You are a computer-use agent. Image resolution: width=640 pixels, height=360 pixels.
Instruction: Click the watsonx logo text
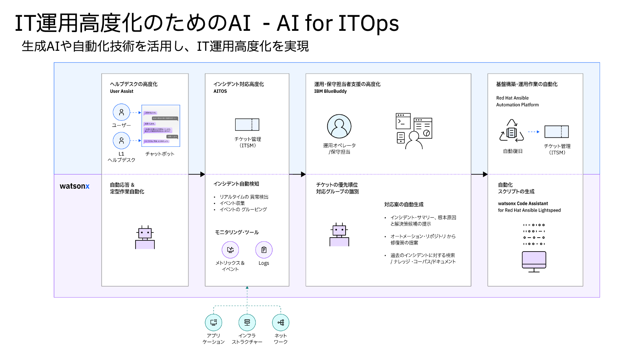(x=74, y=186)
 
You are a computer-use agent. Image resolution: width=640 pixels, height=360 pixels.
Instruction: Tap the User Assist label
(x=122, y=91)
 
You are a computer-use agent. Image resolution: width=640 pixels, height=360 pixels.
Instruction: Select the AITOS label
(x=220, y=91)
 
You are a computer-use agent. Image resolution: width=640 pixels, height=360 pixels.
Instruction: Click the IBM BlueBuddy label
(x=330, y=91)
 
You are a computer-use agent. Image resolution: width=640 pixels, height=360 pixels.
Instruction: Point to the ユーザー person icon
(x=121, y=112)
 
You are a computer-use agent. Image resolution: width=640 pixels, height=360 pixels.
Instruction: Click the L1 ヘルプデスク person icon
(x=121, y=141)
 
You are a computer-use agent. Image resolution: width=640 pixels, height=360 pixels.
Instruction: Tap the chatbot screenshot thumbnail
(x=161, y=126)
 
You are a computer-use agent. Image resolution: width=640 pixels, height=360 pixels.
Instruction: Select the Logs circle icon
(x=264, y=250)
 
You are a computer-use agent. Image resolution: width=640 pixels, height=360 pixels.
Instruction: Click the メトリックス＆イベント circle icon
(x=230, y=250)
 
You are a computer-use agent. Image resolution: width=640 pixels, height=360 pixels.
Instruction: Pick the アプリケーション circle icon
(x=214, y=322)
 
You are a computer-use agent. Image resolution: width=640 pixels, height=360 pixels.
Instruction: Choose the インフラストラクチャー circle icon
(x=247, y=322)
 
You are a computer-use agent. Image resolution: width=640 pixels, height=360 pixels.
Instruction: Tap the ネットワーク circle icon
(x=281, y=322)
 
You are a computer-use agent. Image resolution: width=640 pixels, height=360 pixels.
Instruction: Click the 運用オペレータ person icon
(x=339, y=126)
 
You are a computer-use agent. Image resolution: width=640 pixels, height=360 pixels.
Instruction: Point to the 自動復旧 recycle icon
(x=512, y=131)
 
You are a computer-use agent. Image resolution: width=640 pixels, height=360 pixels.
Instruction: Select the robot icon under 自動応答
(x=145, y=238)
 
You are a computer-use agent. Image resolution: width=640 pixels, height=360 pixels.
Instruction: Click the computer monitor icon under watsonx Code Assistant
(x=534, y=261)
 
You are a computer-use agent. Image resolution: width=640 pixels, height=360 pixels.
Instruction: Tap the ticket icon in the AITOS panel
(x=247, y=125)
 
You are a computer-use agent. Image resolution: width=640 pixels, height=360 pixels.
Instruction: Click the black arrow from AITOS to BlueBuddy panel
(x=298, y=174)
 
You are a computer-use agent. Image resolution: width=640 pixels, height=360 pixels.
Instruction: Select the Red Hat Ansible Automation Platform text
(x=517, y=101)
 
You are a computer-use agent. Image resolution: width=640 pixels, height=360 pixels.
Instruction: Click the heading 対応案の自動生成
(x=404, y=204)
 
